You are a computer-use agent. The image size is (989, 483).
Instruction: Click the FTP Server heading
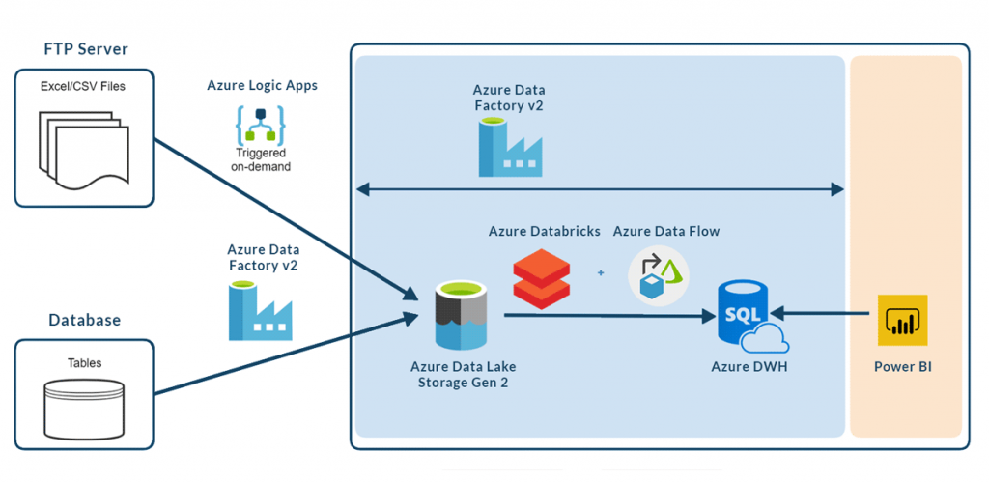tap(86, 48)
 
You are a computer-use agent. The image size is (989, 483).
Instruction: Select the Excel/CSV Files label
tap(84, 86)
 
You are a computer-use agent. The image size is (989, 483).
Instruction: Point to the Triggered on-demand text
tap(262, 159)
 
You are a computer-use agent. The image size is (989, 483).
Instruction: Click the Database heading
tap(85, 320)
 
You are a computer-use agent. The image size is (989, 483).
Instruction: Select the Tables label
tap(84, 363)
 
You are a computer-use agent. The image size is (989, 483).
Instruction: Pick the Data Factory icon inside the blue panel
tap(509, 148)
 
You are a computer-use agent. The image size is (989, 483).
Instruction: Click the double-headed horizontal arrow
tap(600, 190)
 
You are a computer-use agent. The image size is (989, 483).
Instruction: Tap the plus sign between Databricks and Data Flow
tap(601, 273)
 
